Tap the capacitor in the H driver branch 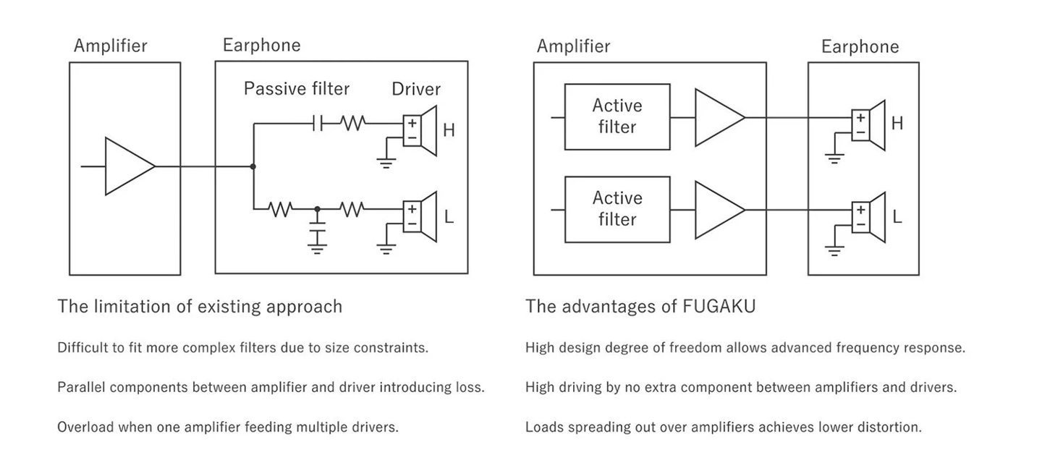point(317,124)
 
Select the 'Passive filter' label point(296,89)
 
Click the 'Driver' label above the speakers point(416,89)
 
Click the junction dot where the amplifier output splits point(253,166)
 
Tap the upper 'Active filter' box point(617,116)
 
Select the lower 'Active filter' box point(617,209)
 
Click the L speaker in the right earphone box point(868,217)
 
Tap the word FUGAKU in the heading point(719,307)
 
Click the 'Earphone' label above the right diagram point(860,47)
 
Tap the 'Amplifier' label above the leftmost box point(110,46)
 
